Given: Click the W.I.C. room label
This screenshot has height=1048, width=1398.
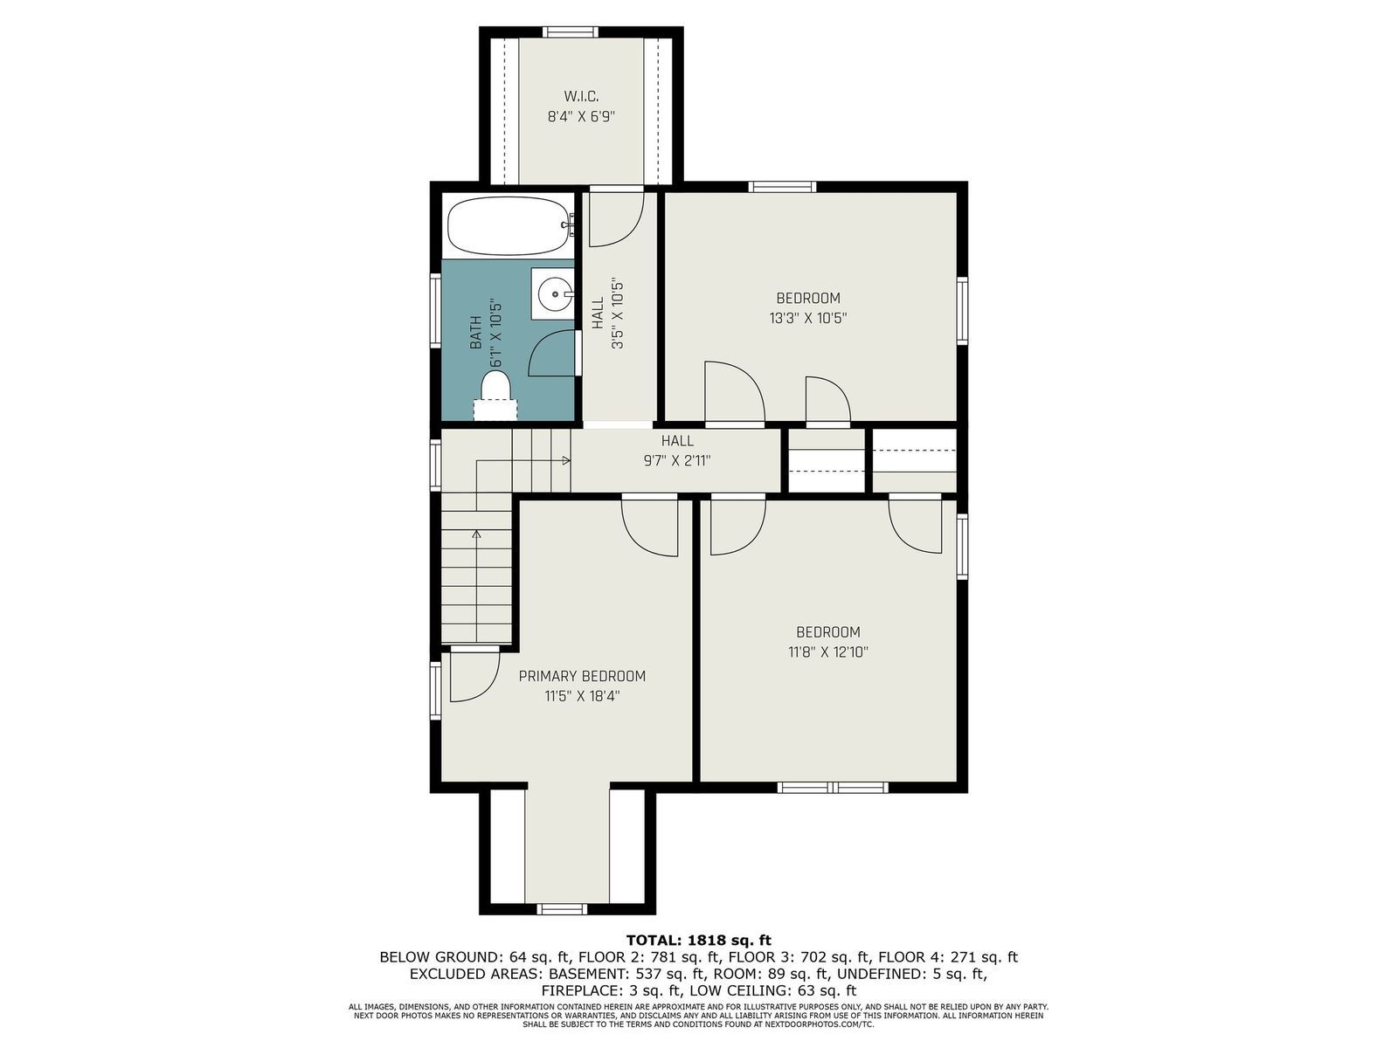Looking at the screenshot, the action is tap(581, 96).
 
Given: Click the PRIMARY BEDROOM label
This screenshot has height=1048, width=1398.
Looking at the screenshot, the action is tap(582, 676).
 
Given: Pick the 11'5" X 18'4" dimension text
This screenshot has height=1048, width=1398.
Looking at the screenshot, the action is tap(582, 696).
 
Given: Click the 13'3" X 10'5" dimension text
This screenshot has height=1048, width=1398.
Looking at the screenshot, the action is tap(807, 318).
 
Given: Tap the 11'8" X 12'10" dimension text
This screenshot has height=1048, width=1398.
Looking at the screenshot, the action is tap(828, 652).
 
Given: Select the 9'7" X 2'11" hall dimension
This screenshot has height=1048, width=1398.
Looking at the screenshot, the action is tap(677, 461).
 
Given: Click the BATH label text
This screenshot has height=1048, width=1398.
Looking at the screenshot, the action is tap(476, 333).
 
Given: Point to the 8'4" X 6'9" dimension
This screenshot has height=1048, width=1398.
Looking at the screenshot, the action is tap(581, 117).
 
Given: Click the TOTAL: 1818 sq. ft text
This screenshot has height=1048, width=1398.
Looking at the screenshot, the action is tap(699, 940).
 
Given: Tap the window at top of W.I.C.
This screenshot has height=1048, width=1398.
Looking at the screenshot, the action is tap(570, 31).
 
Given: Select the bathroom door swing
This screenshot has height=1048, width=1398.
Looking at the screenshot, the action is tap(551, 354).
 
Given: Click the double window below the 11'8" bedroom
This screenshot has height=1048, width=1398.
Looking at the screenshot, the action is tap(833, 787).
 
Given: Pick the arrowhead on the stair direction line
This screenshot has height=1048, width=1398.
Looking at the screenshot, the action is tap(566, 461).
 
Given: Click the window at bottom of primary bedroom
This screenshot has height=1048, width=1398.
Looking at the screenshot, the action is tap(561, 909).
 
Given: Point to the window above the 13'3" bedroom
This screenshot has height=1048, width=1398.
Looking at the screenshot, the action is tap(782, 186).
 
